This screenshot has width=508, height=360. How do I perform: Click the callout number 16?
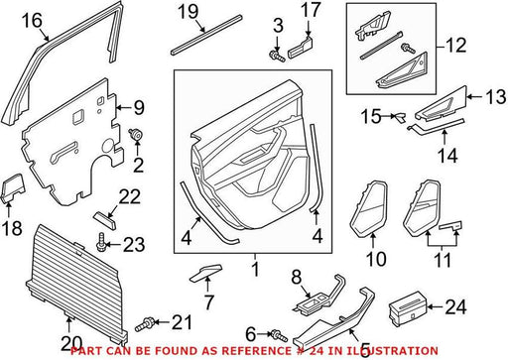click(x=32, y=21)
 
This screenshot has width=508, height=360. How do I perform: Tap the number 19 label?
click(x=189, y=12)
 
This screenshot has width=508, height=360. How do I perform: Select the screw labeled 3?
click(x=277, y=56)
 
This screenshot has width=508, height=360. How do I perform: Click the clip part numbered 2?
click(x=135, y=134)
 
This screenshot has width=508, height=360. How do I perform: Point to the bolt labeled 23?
click(x=101, y=242)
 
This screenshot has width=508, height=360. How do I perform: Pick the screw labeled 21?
click(x=144, y=324)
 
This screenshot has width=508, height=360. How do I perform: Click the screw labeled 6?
click(x=278, y=336)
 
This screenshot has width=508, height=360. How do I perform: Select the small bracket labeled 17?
click(x=301, y=48)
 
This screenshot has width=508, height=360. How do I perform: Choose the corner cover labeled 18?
click(x=14, y=187)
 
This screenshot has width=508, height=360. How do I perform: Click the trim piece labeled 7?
click(x=205, y=273)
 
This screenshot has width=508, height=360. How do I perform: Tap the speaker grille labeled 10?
click(x=368, y=209)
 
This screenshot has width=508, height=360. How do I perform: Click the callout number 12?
click(x=455, y=45)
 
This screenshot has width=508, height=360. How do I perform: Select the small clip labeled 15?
click(x=399, y=117)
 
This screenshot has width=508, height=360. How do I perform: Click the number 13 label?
click(x=495, y=96)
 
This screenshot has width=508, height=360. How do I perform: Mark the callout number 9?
click(x=139, y=108)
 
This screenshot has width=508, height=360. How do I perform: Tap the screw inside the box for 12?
click(x=408, y=48)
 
